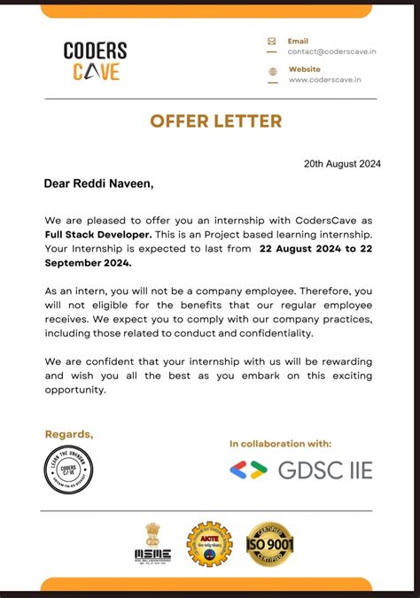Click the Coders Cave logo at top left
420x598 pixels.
[x=96, y=61]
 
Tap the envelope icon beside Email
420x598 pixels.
[x=271, y=41]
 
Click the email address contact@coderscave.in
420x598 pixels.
[x=324, y=51]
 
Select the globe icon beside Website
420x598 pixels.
[x=271, y=71]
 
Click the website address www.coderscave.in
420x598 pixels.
[x=323, y=80]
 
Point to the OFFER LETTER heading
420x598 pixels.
[x=215, y=121]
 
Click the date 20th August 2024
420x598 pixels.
[x=342, y=164]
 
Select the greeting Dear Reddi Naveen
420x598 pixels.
[x=98, y=184]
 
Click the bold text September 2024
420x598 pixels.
[x=88, y=263]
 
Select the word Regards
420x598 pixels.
[x=68, y=434]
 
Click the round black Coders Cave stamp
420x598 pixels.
[x=69, y=470]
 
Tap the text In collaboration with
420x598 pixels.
[x=280, y=444]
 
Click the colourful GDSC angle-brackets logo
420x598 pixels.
[x=248, y=470]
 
